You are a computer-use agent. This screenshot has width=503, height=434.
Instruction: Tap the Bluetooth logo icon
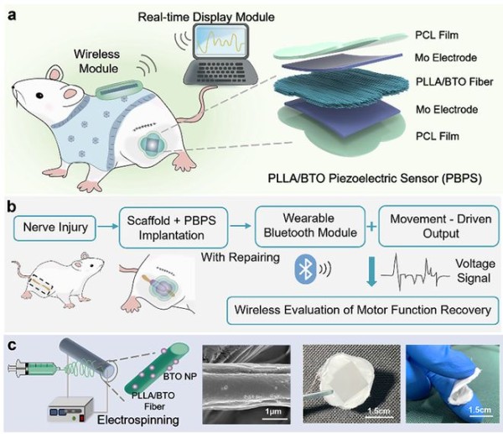305,269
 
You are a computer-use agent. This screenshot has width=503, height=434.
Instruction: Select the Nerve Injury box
54,228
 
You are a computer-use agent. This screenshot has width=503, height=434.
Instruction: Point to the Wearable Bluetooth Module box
310,227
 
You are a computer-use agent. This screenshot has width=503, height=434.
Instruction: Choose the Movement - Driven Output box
439,226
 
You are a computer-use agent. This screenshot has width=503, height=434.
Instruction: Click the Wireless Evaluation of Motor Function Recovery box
363,311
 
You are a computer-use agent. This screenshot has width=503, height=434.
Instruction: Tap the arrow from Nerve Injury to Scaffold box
107,227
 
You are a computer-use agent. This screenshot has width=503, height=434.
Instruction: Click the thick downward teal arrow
371,271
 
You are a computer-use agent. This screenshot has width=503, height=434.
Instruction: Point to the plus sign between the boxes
371,227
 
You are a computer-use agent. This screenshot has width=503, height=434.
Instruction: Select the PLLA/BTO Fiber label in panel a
454,82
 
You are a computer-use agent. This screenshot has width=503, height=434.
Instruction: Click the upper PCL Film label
437,35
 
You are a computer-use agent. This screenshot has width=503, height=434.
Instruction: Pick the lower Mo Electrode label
447,109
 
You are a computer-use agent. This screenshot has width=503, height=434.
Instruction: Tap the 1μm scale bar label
273,411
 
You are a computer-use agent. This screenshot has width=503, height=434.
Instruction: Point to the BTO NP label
179,376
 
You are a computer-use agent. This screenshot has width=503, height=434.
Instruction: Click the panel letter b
11,207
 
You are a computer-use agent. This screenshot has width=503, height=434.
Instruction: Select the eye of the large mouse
39,96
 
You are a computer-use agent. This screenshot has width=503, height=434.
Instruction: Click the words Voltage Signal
474,271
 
